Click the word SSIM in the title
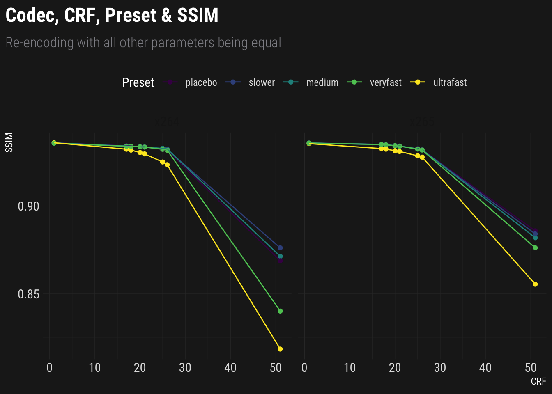(198, 16)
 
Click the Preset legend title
(138, 82)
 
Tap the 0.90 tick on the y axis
(29, 206)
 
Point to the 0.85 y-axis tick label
(29, 294)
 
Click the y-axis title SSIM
(9, 142)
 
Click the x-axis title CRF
(538, 382)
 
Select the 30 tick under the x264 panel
(185, 368)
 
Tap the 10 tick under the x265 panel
(350, 368)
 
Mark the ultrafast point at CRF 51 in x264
(280, 349)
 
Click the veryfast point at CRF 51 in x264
(280, 311)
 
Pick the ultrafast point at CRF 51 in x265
(535, 284)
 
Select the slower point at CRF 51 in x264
(280, 248)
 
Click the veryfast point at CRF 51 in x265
(535, 247)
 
